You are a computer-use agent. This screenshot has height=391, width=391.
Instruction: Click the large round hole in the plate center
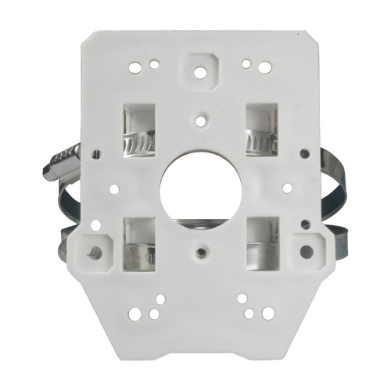195,187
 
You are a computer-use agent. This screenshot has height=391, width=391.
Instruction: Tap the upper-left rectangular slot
140,129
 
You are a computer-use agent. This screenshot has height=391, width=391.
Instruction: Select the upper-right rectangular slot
262,129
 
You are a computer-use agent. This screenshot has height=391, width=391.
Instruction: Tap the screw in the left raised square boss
93,253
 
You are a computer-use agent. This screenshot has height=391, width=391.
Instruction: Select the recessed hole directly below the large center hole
203,253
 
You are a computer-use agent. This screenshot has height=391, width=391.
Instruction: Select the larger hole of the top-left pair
144,64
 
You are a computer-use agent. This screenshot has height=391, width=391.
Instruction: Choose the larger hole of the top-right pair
247,64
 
